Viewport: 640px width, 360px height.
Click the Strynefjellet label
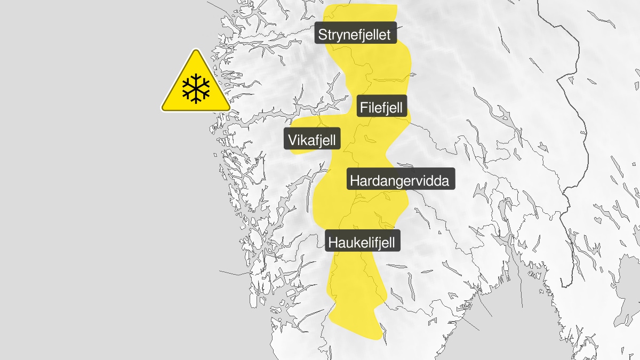coord(355,35)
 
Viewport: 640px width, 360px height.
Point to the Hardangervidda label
coord(400,180)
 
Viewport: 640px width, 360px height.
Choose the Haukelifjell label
coord(362,243)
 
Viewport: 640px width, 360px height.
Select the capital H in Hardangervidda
coord(355,180)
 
